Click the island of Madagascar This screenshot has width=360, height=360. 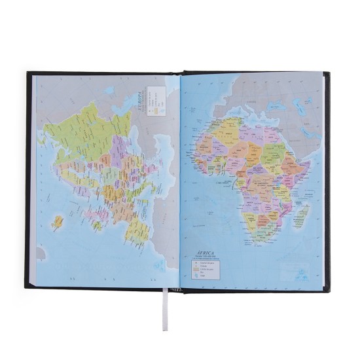[302, 216]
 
